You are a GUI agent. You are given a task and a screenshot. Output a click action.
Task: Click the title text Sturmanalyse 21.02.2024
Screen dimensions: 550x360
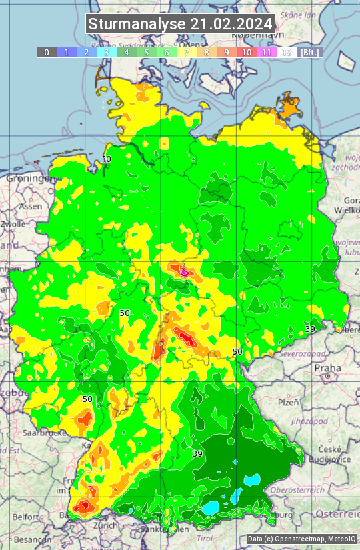click(180, 24)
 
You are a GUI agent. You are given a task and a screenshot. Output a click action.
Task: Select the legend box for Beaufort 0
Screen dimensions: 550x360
click(46, 52)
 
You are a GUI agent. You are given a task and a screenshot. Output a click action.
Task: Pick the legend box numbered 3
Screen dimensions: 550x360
click(107, 52)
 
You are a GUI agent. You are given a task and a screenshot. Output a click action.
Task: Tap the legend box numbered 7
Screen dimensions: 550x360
click(187, 52)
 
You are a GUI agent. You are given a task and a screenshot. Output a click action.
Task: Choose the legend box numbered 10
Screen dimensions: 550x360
click(247, 52)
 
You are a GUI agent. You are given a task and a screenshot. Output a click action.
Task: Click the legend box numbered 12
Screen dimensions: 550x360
click(287, 52)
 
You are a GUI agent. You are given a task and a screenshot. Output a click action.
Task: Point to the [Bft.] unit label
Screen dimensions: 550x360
click(310, 52)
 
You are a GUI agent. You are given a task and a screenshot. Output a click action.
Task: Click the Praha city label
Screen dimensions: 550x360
click(327, 368)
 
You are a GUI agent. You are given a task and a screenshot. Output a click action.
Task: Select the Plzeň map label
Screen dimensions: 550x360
click(288, 403)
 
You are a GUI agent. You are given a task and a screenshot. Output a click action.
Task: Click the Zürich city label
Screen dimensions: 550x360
click(106, 525)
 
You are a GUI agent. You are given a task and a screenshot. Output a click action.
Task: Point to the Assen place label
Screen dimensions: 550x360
click(30, 207)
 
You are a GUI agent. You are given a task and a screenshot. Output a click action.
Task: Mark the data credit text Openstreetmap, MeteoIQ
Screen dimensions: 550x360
click(301, 539)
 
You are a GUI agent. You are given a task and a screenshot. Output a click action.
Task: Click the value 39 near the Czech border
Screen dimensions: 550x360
click(310, 329)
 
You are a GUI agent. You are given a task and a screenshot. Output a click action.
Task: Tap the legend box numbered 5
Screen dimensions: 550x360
click(147, 52)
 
